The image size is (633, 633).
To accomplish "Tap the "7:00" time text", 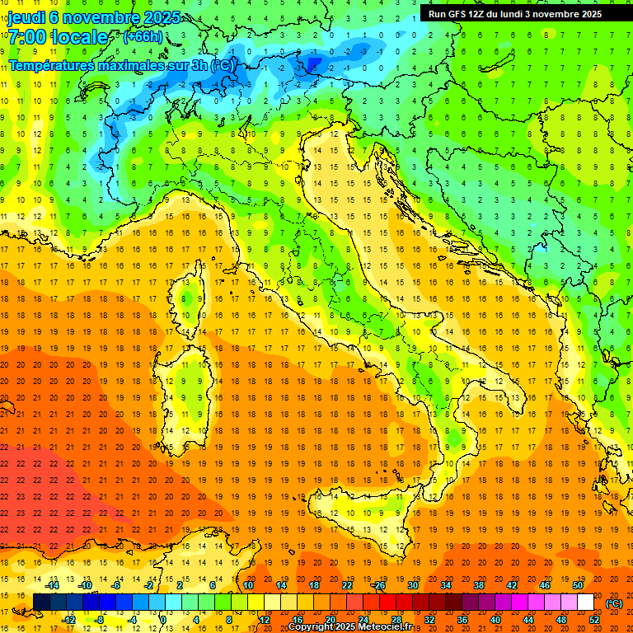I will pyautogui.click(x=28, y=37).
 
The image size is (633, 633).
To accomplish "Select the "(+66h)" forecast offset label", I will pyautogui.click(x=143, y=37).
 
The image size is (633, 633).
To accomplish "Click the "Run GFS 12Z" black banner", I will pyautogui.click(x=515, y=13).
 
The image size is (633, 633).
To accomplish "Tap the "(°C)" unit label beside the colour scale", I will pyautogui.click(x=614, y=603).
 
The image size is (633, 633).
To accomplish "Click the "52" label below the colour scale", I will pyautogui.click(x=594, y=620).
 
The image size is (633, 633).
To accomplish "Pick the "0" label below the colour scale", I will pyautogui.click(x=164, y=620).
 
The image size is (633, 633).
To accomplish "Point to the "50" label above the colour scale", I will pyautogui.click(x=578, y=585).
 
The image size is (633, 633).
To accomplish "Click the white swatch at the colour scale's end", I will pyautogui.click(x=586, y=603).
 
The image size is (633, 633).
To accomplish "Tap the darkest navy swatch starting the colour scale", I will pyautogui.click(x=41, y=603).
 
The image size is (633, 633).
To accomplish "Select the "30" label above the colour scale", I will pyautogui.click(x=412, y=585).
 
